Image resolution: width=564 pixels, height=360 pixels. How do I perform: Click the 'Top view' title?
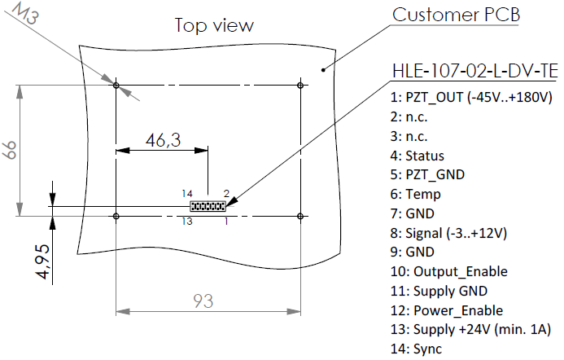[214, 25]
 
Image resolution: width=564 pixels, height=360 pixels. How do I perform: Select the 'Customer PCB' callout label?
[456, 15]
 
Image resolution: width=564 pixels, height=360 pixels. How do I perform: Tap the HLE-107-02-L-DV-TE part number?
[474, 71]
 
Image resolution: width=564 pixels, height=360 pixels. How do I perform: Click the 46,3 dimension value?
[163, 140]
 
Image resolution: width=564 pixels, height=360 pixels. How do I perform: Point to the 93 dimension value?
[203, 301]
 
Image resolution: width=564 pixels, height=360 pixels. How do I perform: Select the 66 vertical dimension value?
[10, 150]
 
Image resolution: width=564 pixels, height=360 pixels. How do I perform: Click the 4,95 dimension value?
[42, 261]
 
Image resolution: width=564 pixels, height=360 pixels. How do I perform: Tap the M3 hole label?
[26, 14]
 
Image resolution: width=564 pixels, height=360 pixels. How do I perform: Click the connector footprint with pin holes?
[208, 206]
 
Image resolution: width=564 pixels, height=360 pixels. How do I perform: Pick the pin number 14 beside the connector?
[187, 194]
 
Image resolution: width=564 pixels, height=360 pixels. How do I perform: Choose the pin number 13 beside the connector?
[187, 221]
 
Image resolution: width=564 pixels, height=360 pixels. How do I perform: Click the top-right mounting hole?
[300, 86]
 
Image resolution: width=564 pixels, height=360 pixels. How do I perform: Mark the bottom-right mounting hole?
[300, 216]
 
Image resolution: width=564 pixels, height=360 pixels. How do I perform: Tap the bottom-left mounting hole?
[116, 216]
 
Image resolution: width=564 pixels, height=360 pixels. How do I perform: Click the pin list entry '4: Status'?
[418, 156]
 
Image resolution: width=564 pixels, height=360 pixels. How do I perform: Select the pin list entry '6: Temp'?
[415, 195]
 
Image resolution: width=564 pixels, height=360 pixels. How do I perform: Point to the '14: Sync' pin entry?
[416, 349]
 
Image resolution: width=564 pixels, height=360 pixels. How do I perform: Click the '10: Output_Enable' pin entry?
[449, 271]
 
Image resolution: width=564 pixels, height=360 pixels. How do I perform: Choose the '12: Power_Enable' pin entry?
[447, 310]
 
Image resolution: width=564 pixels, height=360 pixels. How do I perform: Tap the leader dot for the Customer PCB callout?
[323, 70]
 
